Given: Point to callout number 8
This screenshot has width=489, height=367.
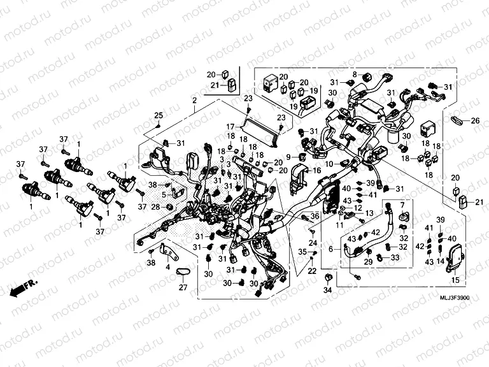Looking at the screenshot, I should (355, 75).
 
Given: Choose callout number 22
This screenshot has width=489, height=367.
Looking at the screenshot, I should (312, 271).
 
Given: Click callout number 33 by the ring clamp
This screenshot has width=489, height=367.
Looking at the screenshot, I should (395, 258).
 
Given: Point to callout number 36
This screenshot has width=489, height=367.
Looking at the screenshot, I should (315, 217).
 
